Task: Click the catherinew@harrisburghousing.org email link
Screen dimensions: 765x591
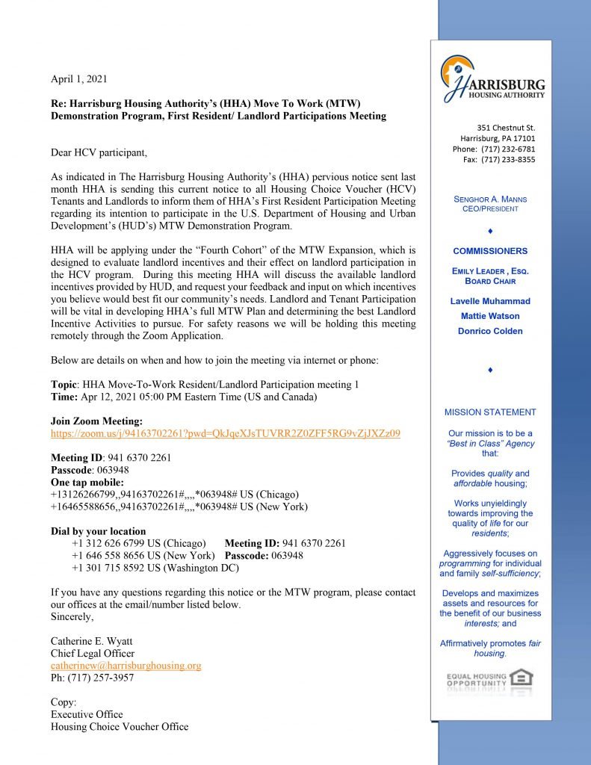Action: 126,665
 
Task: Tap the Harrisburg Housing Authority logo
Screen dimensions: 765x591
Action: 492,78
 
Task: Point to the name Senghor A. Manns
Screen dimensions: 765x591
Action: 490,199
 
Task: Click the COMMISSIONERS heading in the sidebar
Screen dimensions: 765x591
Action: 490,251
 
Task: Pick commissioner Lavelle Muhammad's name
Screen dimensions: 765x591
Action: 490,301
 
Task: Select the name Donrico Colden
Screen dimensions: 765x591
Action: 490,331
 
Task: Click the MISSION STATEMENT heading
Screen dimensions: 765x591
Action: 490,412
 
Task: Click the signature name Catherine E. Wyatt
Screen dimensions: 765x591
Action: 93,641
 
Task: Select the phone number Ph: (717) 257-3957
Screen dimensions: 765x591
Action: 93,678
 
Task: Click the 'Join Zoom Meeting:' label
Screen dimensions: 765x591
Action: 96,421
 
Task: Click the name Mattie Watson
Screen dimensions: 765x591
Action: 490,316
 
